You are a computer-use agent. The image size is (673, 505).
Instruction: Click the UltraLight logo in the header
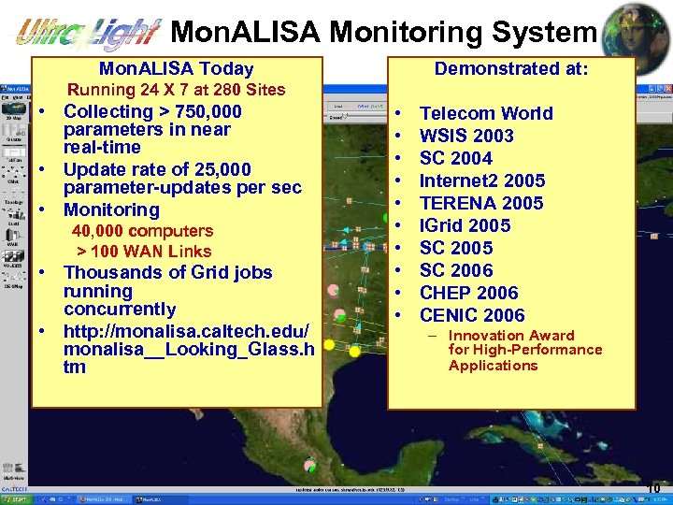click(x=89, y=34)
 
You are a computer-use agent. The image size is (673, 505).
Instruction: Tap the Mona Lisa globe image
click(x=636, y=32)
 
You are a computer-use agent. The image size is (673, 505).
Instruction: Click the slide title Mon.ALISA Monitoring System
click(x=383, y=33)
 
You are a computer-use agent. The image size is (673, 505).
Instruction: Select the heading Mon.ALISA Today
click(x=177, y=68)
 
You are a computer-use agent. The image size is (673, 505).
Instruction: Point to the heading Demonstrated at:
click(x=511, y=68)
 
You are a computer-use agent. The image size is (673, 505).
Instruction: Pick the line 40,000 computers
click(x=143, y=230)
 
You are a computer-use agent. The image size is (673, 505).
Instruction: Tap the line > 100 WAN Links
click(x=144, y=251)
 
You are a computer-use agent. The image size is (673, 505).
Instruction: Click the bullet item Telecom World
click(x=486, y=113)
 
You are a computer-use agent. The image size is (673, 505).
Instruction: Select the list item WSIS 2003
click(x=466, y=136)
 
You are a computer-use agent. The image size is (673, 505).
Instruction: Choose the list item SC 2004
click(x=456, y=158)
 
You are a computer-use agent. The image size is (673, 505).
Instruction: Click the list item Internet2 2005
click(x=482, y=180)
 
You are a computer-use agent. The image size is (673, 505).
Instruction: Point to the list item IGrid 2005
click(x=465, y=225)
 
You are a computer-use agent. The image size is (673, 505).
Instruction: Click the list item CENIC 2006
click(x=472, y=315)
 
